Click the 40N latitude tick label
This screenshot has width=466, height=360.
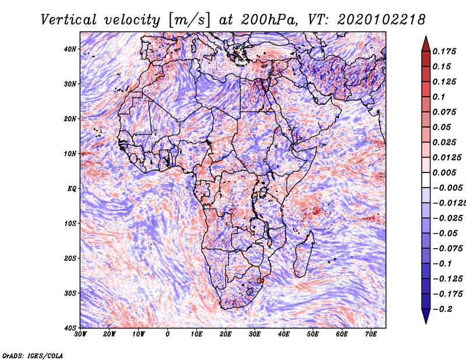pos(70,49)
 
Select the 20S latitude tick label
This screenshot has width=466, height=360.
pos(70,258)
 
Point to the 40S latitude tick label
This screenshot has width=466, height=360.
pos(70,328)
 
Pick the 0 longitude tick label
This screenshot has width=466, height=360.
pos(168,334)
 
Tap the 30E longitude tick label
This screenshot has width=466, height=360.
pos(255,334)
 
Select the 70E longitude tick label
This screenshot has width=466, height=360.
pos(371,334)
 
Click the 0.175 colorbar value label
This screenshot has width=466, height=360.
pos(443,51)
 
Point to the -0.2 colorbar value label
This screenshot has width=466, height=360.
pos(442,309)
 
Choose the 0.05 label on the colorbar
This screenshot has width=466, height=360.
pos(441,127)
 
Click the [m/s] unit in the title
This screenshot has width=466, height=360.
pos(189,19)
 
